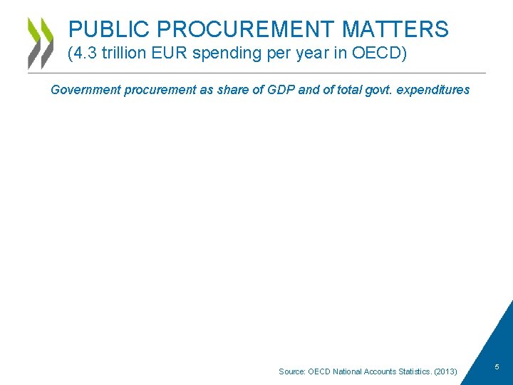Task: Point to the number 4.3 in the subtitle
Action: (87, 53)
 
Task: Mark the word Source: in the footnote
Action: (291, 371)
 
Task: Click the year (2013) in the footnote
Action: (445, 371)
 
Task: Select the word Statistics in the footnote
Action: (409, 371)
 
